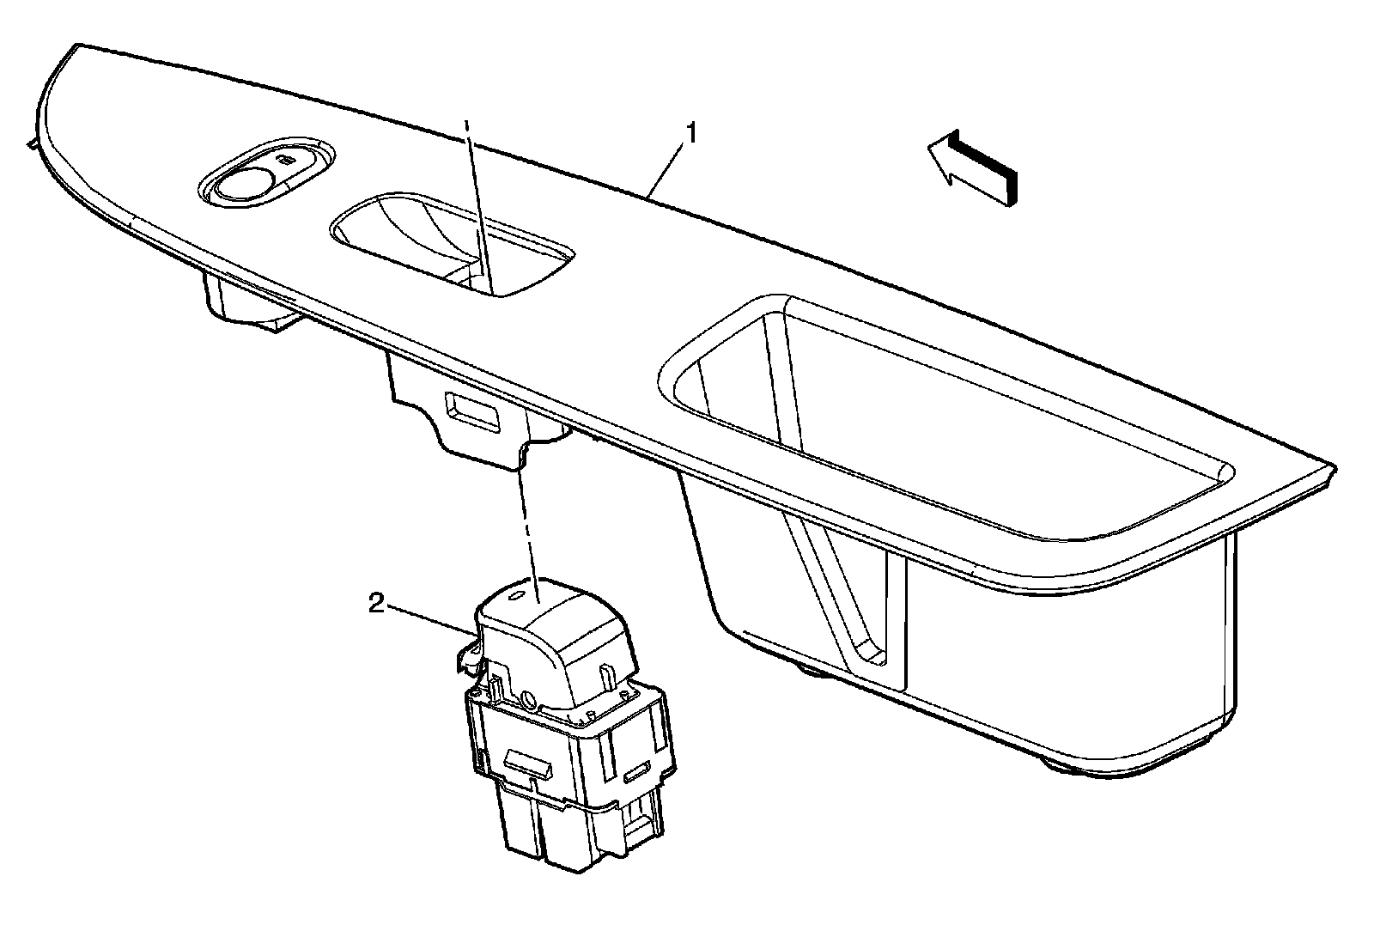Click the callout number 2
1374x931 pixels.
[x=375, y=605]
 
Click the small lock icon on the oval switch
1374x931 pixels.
[x=286, y=159]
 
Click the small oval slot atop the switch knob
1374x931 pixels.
[x=516, y=594]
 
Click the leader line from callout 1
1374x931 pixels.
[x=666, y=168]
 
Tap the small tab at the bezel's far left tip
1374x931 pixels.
[x=33, y=145]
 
